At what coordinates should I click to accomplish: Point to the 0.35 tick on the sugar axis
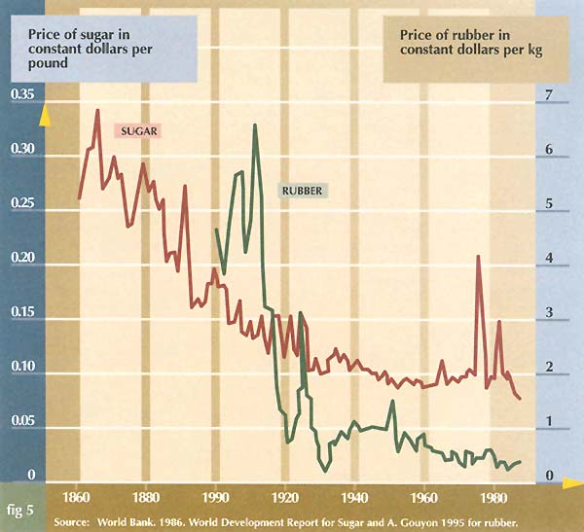pyautogui.click(x=20, y=95)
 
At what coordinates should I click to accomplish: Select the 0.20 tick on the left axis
pyautogui.click(x=20, y=259)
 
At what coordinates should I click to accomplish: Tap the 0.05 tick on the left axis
pyautogui.click(x=20, y=423)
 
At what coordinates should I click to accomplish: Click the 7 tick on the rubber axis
pyautogui.click(x=550, y=95)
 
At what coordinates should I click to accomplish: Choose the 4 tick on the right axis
pyautogui.click(x=550, y=259)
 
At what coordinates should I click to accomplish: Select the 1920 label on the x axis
pyautogui.click(x=284, y=492)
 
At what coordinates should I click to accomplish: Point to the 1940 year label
pyautogui.click(x=354, y=492)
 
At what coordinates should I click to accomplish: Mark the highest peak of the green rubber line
pyautogui.click(x=255, y=125)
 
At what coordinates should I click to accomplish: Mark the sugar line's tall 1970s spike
pyautogui.click(x=478, y=256)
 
